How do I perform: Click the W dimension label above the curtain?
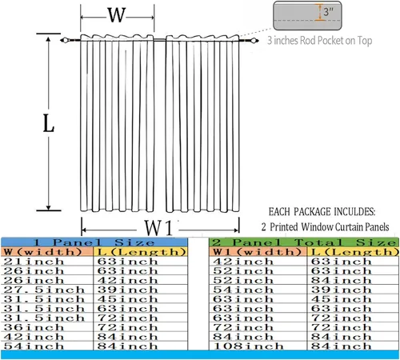(x=117, y=15)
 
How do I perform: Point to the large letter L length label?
(x=49, y=123)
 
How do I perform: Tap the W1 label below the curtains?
(x=158, y=228)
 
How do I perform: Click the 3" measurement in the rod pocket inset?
(x=329, y=12)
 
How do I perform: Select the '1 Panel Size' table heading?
(x=94, y=242)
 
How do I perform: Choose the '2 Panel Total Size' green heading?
(x=304, y=242)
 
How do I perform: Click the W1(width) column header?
(x=257, y=252)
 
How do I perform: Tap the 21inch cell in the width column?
(x=34, y=262)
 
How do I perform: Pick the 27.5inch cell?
(x=44, y=290)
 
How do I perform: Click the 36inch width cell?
(x=34, y=327)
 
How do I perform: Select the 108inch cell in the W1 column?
(x=248, y=346)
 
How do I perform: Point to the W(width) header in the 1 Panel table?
(x=43, y=252)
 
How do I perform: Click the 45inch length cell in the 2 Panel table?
(x=342, y=299)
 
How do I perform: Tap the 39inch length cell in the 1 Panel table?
(x=127, y=290)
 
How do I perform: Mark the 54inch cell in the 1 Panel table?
(x=34, y=346)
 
